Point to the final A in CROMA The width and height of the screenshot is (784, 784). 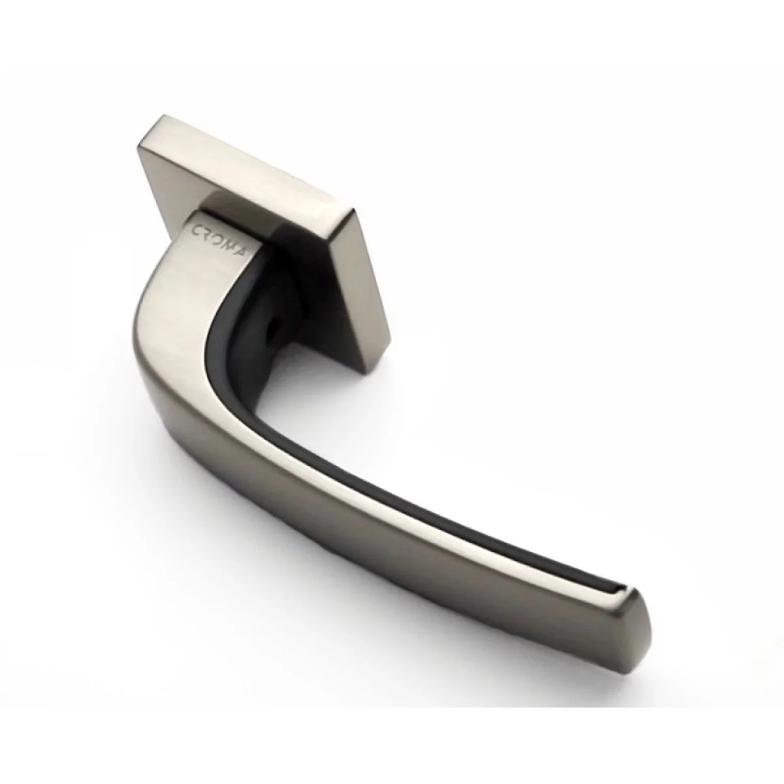pyautogui.click(x=242, y=253)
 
